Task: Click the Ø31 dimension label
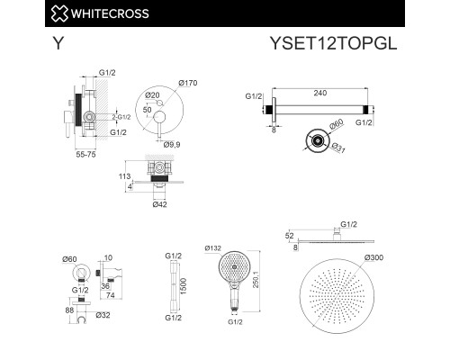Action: pyautogui.click(x=336, y=148)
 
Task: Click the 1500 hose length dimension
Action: pyautogui.click(x=183, y=285)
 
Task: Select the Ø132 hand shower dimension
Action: pyautogui.click(x=216, y=248)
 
